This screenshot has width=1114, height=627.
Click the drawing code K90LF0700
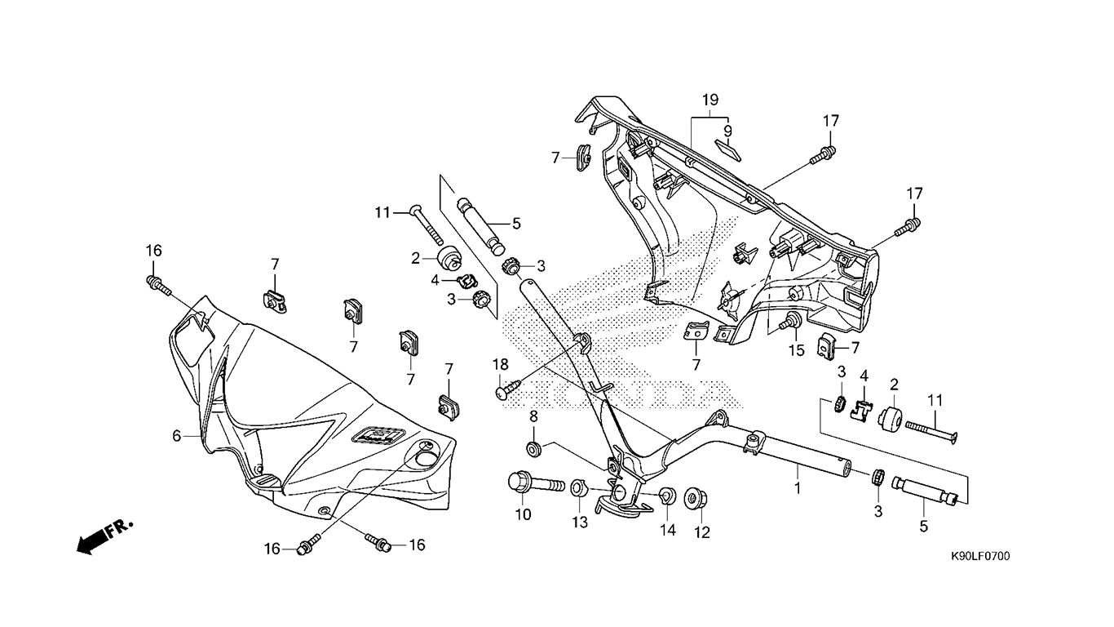pos(980,556)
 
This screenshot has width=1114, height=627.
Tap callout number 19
pos(710,100)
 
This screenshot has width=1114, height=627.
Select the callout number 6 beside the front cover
pos(176,436)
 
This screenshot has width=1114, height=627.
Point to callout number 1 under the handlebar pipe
pos(798,488)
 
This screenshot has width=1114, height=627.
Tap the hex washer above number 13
pos(578,487)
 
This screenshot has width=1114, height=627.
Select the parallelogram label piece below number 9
pos(728,150)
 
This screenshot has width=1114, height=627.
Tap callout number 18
pos(501,365)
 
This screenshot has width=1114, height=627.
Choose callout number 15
pos(796,350)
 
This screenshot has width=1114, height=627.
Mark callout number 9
pos(727,131)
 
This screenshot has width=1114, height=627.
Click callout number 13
pos(580,522)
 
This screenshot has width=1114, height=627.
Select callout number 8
pos(533,416)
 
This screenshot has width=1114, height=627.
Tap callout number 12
pos(702,532)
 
